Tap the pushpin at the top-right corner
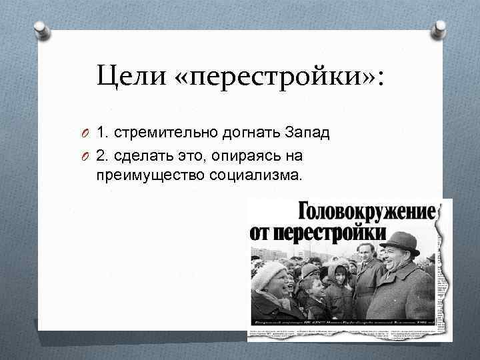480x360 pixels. (439, 27)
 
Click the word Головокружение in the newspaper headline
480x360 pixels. (366, 211)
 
